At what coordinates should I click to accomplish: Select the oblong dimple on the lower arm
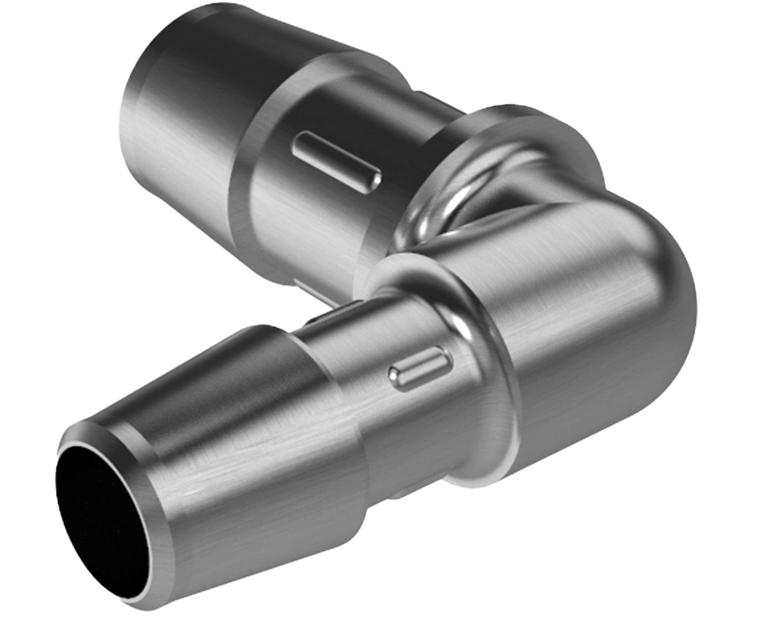pos(421,369)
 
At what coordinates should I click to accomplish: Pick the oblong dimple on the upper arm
pos(337,161)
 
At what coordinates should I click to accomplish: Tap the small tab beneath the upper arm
pos(313,291)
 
